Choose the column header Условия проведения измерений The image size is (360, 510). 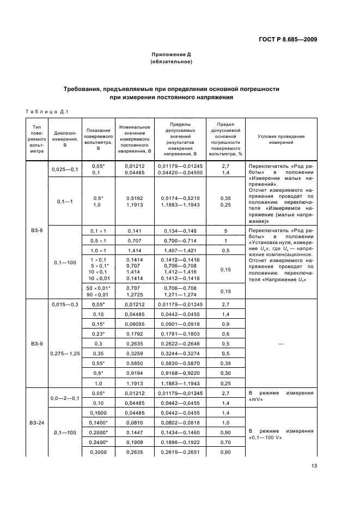[280, 139]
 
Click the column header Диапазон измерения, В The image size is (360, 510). [64, 139]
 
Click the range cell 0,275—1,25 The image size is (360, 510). [64, 353]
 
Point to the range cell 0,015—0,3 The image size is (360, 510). [64, 303]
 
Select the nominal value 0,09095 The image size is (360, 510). [133, 323]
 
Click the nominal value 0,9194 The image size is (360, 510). [133, 373]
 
